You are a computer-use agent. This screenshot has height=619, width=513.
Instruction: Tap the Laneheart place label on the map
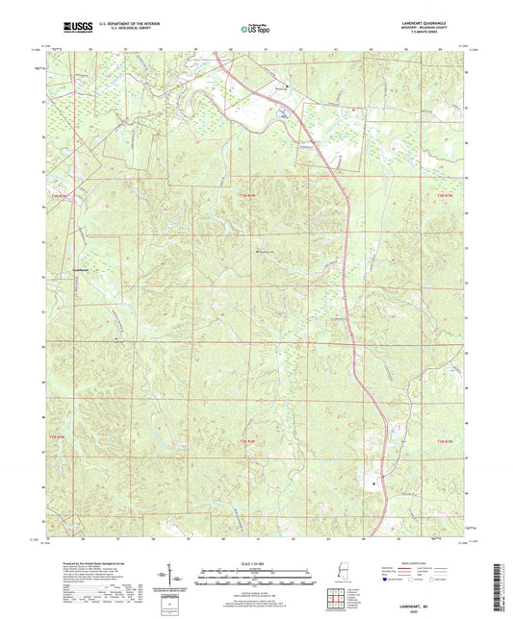83,268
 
